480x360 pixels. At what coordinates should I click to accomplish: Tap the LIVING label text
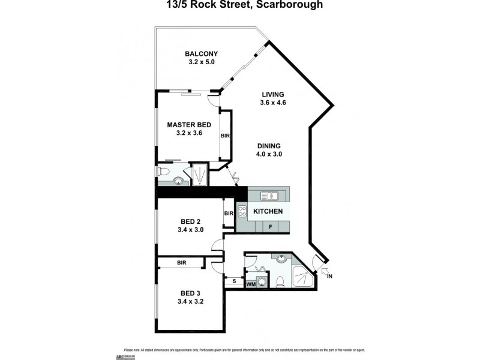click(x=272, y=94)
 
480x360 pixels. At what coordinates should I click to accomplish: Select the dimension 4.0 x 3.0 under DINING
click(x=269, y=154)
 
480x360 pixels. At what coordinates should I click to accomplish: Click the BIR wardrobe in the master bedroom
click(x=226, y=136)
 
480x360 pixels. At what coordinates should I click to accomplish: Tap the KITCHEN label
click(x=268, y=211)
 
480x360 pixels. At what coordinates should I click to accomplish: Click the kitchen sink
click(x=269, y=194)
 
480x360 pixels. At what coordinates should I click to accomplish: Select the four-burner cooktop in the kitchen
click(x=243, y=211)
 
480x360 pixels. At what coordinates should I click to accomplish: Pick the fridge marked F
click(x=271, y=227)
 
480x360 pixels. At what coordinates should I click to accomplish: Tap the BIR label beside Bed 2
click(x=228, y=214)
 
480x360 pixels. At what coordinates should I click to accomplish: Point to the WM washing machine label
click(x=250, y=283)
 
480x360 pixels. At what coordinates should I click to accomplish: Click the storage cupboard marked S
click(x=233, y=281)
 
